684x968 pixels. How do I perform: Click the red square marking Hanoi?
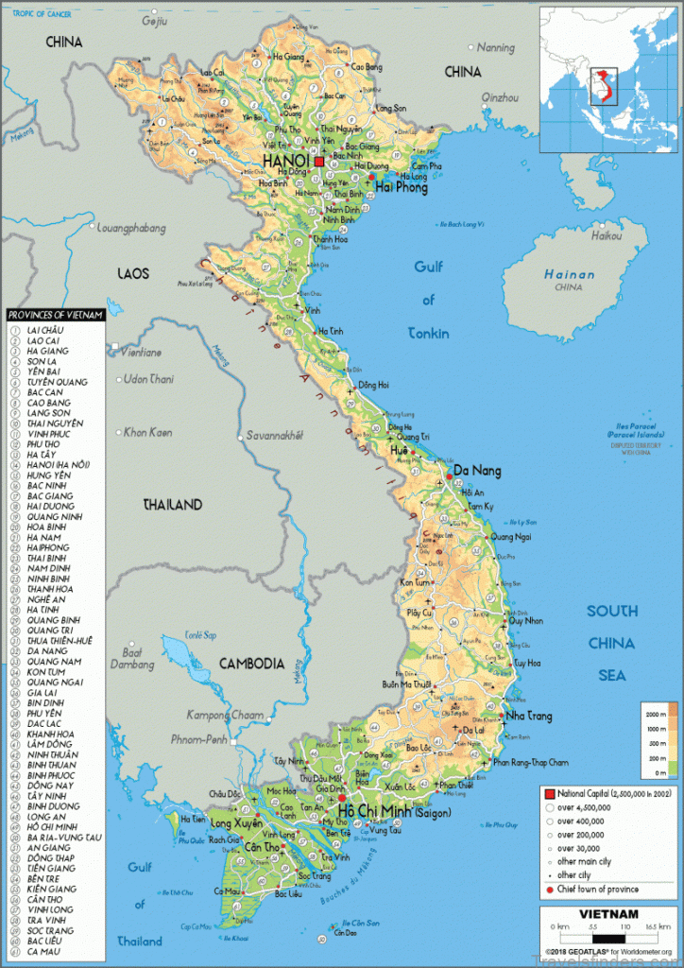[x=319, y=162]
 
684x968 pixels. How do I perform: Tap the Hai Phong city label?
[x=401, y=187]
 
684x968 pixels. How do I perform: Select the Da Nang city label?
[x=477, y=471]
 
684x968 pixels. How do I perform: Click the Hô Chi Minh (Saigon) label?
[x=394, y=812]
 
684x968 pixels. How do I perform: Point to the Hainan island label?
[x=569, y=275]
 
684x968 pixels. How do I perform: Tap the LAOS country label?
[x=133, y=273]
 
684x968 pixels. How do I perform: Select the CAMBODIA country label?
[x=251, y=664]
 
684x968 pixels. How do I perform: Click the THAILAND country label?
[x=172, y=505]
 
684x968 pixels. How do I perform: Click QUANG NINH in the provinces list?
[x=54, y=517]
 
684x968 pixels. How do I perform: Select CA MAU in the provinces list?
[x=44, y=952]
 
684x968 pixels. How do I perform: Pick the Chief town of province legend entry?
[x=597, y=889]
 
